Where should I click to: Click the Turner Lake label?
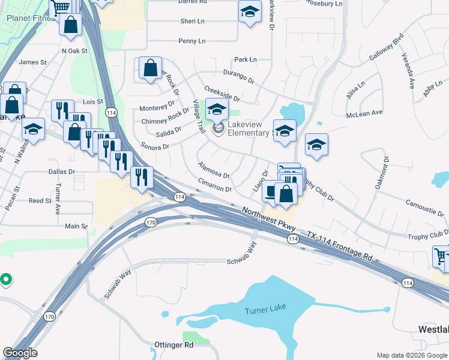click(265, 308)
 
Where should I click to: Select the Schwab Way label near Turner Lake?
click(246, 261)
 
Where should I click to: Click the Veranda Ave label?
click(413, 73)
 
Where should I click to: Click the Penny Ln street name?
click(191, 41)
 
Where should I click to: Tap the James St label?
click(32, 62)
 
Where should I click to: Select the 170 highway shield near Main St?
click(150, 223)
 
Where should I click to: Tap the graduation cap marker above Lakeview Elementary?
click(217, 109)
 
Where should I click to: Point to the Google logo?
click(20, 353)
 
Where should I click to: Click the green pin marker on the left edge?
click(5, 279)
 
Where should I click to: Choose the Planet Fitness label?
click(30, 18)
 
